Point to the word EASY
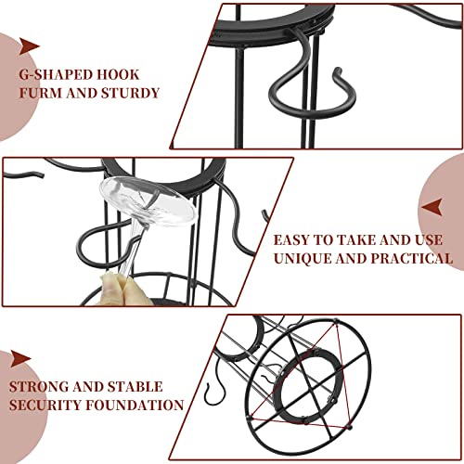pyautogui.click(x=291, y=240)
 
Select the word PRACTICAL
pyautogui.click(x=411, y=258)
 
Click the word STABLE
pyautogui.click(x=135, y=387)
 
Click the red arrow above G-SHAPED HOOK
pyautogui.click(x=30, y=46)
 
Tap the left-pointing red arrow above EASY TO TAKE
pyautogui.click(x=432, y=207)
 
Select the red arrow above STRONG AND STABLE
pyautogui.click(x=21, y=359)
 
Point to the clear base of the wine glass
pyautogui.click(x=148, y=200)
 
